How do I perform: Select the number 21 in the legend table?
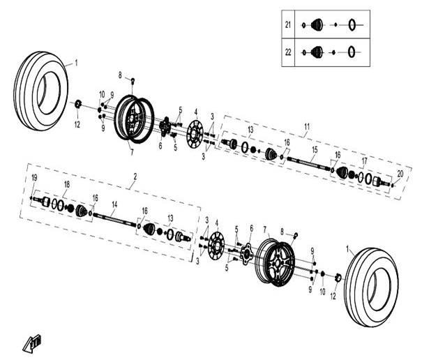click(x=288, y=25)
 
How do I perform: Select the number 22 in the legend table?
click(x=288, y=52)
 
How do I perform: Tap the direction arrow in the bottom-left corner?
click(x=32, y=343)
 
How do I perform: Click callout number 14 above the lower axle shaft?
click(x=114, y=204)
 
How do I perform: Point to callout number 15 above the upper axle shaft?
click(x=315, y=150)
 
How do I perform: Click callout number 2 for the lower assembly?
click(x=135, y=177)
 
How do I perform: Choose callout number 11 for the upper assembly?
click(x=307, y=126)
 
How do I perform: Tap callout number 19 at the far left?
click(x=34, y=178)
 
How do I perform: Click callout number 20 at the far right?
click(x=400, y=174)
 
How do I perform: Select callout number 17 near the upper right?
click(x=364, y=161)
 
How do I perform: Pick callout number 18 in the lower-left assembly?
click(x=67, y=184)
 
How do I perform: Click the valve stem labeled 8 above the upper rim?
click(x=133, y=80)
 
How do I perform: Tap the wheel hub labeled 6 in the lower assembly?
click(x=246, y=254)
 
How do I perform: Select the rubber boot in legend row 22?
click(x=317, y=52)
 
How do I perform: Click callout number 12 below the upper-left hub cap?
click(x=77, y=124)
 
